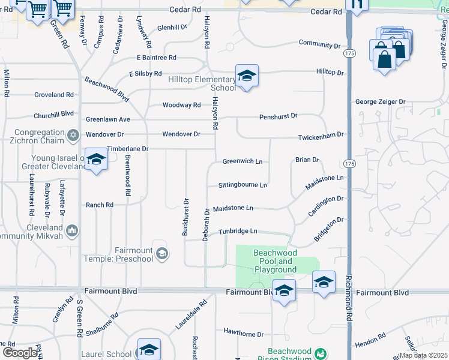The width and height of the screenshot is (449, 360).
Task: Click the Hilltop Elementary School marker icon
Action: (x=247, y=76)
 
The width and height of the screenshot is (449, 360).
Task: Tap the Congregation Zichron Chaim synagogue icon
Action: (x=73, y=134)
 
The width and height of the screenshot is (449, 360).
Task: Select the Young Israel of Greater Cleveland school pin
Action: (x=95, y=160)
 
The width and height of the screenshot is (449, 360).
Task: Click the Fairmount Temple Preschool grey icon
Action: (x=161, y=254)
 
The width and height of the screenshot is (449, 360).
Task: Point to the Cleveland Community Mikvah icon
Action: (x=72, y=230)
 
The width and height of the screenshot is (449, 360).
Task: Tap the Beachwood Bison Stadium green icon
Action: (x=321, y=353)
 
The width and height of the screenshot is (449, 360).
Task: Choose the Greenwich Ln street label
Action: (x=243, y=161)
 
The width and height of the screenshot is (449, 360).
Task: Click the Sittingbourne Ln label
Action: (x=243, y=185)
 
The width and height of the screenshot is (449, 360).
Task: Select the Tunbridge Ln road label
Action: (x=238, y=231)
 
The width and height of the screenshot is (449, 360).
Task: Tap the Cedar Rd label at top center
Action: (x=185, y=10)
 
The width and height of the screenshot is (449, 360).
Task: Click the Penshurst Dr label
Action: (x=279, y=116)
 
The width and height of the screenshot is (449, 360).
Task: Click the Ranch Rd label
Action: (x=100, y=205)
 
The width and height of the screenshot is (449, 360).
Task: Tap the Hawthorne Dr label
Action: (x=244, y=334)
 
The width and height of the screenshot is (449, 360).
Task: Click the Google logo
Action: (x=21, y=352)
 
